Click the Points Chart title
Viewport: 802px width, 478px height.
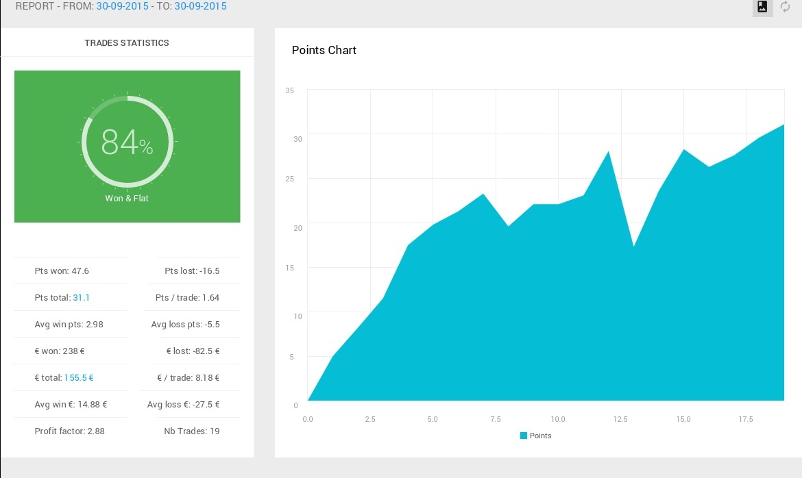click(324, 50)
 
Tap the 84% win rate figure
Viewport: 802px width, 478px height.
click(127, 142)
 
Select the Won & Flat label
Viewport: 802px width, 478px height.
click(127, 199)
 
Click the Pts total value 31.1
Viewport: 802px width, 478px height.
click(82, 297)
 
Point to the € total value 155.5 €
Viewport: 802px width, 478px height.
click(79, 378)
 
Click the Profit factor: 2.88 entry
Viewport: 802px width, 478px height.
click(69, 431)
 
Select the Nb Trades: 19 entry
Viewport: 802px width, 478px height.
click(192, 431)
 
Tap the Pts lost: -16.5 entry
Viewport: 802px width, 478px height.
click(193, 271)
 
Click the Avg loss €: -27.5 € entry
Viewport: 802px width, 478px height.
click(184, 405)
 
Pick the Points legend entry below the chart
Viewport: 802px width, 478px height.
click(535, 436)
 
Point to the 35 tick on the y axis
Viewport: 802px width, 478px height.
click(290, 90)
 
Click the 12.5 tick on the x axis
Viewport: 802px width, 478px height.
click(620, 419)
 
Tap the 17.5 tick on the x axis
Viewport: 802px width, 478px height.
click(746, 419)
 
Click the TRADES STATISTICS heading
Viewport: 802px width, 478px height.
click(127, 43)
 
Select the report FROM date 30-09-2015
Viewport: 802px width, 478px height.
click(122, 6)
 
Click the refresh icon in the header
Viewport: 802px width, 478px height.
click(785, 7)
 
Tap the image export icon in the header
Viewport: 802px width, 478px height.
click(762, 7)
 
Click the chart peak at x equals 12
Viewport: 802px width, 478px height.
click(608, 151)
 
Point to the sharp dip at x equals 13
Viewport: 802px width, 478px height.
click(634, 247)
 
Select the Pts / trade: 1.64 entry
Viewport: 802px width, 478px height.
click(187, 297)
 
